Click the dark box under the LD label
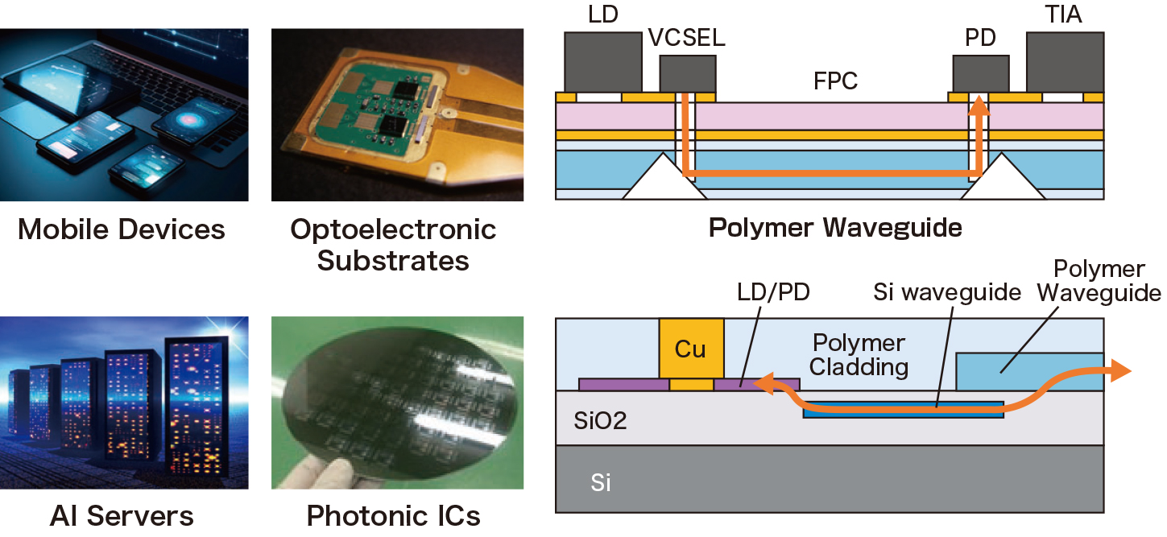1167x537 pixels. pyautogui.click(x=603, y=62)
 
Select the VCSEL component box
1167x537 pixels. pyautogui.click(x=687, y=74)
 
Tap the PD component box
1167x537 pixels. pyautogui.click(x=980, y=74)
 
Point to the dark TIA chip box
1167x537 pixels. pyautogui.click(x=1064, y=62)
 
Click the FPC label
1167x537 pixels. pyautogui.click(x=834, y=81)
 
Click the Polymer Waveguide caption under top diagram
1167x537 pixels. pyautogui.click(x=834, y=228)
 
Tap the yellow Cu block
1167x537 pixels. pyautogui.click(x=691, y=348)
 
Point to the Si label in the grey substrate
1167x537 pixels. pyautogui.click(x=601, y=483)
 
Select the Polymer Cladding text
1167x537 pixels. pyautogui.click(x=859, y=355)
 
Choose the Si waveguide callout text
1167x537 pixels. pyautogui.click(x=947, y=291)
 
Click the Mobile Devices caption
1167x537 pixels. pyautogui.click(x=122, y=229)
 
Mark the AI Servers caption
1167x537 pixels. pyautogui.click(x=122, y=515)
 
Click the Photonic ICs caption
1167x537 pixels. pyautogui.click(x=394, y=515)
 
